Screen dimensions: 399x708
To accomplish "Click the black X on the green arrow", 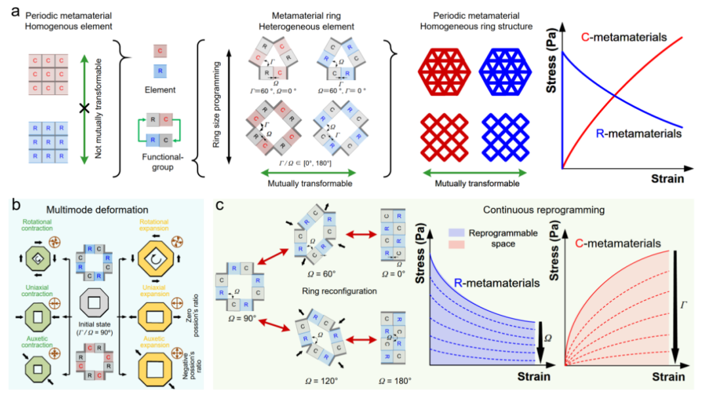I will pos(84,109).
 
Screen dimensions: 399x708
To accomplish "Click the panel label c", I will pos(223,205).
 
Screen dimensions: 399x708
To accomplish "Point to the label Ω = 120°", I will pos(316,380).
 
